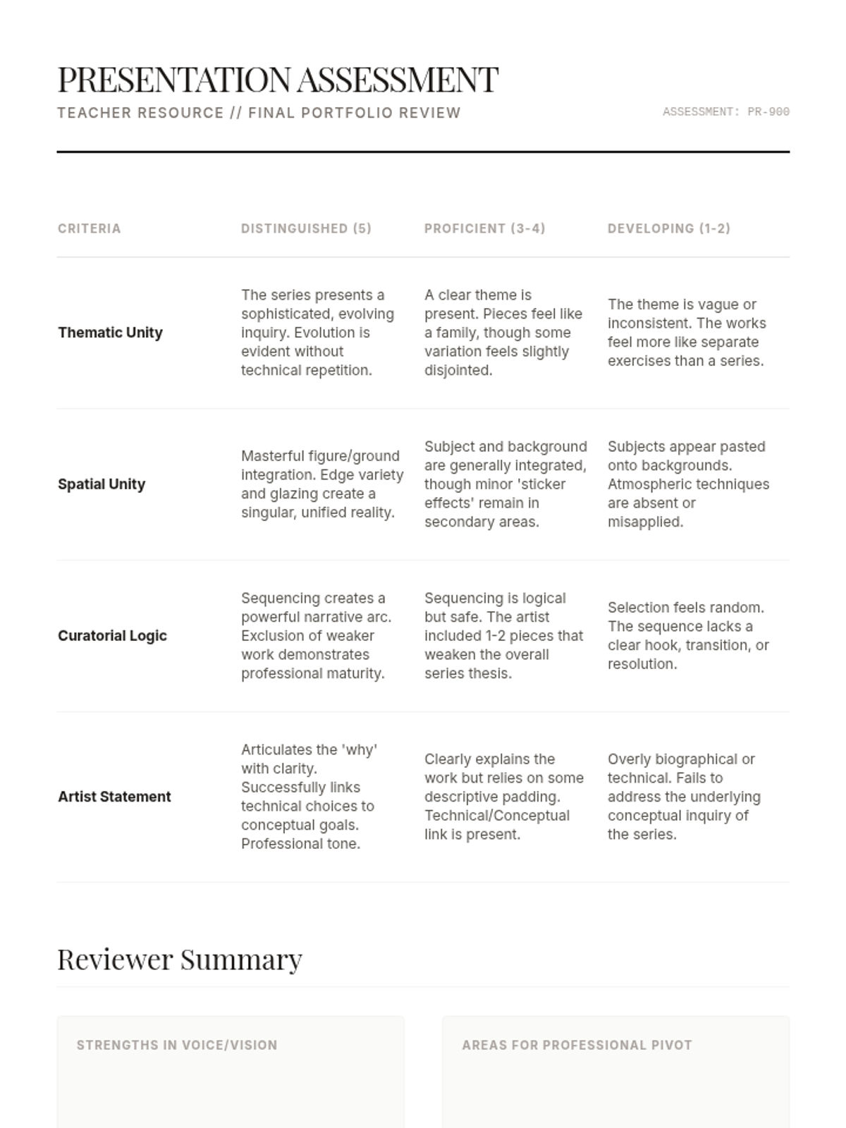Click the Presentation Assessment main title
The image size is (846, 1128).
[278, 79]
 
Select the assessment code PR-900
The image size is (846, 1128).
[725, 111]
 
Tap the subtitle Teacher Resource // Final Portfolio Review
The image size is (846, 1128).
[259, 113]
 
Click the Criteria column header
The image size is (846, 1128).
[90, 228]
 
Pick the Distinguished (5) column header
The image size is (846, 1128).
[306, 228]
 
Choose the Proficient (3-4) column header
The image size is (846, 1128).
[485, 228]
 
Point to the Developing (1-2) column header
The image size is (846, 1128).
[669, 228]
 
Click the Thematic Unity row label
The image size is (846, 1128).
[111, 333]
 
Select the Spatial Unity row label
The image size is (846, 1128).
[102, 484]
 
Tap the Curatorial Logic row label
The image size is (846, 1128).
[113, 636]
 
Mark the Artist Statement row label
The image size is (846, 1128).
[114, 797]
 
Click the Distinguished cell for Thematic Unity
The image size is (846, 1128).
[317, 333]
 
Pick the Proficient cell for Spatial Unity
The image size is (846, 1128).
[505, 484]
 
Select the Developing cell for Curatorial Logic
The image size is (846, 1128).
[687, 636]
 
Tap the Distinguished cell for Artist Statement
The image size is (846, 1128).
[310, 797]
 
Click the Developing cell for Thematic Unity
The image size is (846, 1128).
[687, 333]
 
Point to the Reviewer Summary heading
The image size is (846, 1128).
[180, 960]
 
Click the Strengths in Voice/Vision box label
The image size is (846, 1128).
[177, 1045]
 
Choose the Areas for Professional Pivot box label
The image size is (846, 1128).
[577, 1045]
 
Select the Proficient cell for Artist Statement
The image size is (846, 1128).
[503, 797]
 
